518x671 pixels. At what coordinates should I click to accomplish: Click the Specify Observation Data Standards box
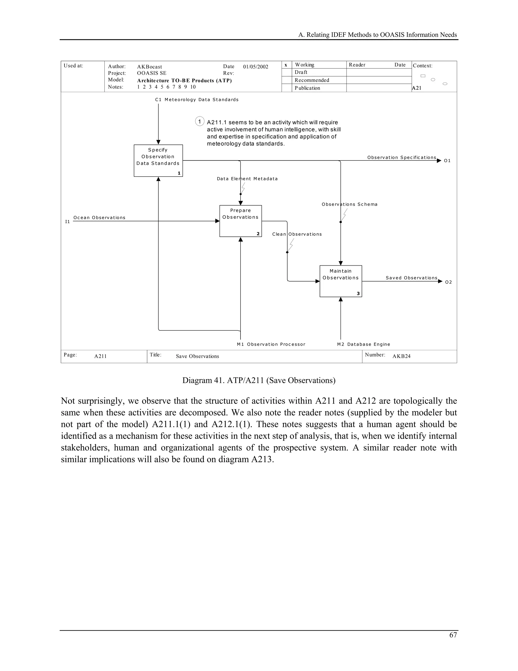tap(158, 160)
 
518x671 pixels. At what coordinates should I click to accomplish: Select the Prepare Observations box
tap(240, 221)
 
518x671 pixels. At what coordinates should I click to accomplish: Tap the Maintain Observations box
tap(341, 281)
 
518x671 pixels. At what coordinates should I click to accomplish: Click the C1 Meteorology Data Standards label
tap(197, 100)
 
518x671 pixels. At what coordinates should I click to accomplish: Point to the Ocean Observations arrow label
tap(99, 218)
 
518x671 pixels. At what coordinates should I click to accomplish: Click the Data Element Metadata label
tap(247, 179)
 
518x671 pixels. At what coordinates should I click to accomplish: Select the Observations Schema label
tap(350, 204)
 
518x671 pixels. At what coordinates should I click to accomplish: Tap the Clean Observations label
tap(297, 234)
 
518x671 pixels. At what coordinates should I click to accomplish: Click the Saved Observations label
tap(411, 278)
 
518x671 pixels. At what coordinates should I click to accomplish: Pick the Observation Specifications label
tap(401, 157)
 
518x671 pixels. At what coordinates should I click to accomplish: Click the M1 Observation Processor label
tap(271, 344)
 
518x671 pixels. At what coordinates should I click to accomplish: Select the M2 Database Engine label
tap(363, 344)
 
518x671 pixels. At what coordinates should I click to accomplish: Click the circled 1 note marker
tap(200, 121)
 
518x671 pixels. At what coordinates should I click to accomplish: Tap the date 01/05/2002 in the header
tap(256, 67)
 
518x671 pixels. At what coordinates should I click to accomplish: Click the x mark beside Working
tap(286, 65)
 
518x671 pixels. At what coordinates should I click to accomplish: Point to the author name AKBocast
tap(149, 67)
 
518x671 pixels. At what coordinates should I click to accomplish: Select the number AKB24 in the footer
tap(401, 356)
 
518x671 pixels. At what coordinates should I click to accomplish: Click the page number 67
tap(453, 635)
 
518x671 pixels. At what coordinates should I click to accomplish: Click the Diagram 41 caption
tap(259, 380)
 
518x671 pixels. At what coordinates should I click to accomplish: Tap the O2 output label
tap(448, 282)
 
